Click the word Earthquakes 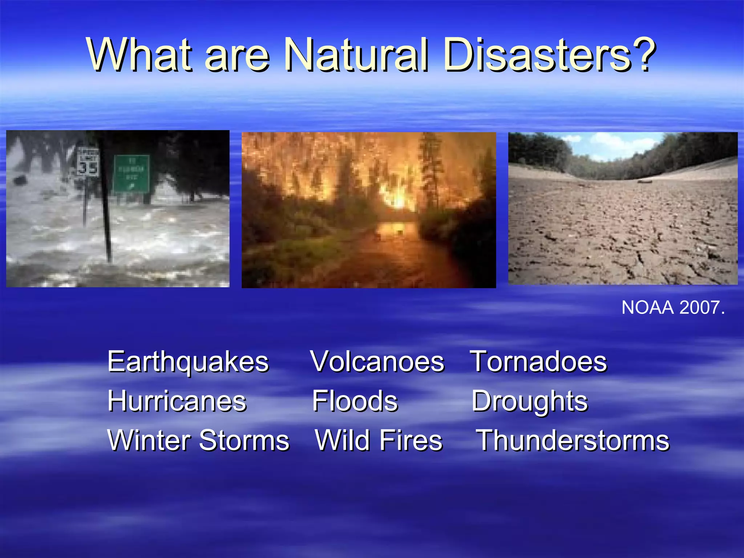[x=188, y=362]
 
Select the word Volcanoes [x=377, y=362]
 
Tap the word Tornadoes [x=538, y=362]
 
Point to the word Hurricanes [x=177, y=401]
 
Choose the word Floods [x=355, y=401]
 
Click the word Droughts [x=529, y=402]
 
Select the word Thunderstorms [x=573, y=440]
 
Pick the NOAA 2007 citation [x=673, y=308]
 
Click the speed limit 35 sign [x=88, y=162]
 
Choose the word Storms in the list [x=244, y=440]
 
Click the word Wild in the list [x=342, y=440]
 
